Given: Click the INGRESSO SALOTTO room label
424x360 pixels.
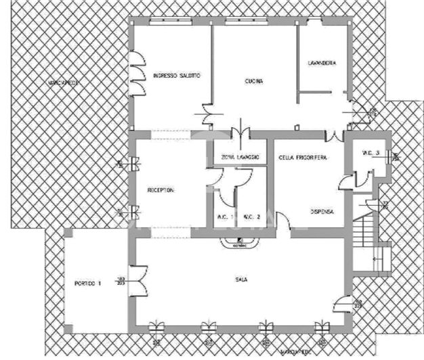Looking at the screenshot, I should point(176,75).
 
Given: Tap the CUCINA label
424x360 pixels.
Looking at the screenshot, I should point(254,81).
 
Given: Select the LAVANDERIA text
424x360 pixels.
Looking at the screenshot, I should point(322,63).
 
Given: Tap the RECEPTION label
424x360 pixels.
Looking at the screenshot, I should point(161,190).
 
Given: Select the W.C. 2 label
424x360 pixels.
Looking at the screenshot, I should point(248,217).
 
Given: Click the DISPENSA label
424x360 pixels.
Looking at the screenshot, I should point(322,211).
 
